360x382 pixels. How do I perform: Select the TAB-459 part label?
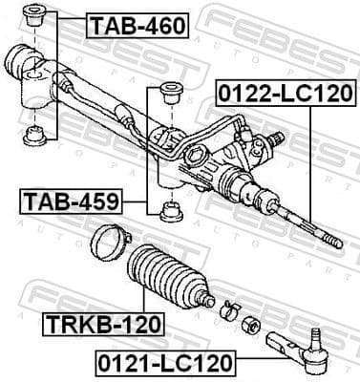[83, 202]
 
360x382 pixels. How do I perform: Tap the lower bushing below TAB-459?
[171, 212]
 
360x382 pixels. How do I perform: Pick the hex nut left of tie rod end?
[252, 324]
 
